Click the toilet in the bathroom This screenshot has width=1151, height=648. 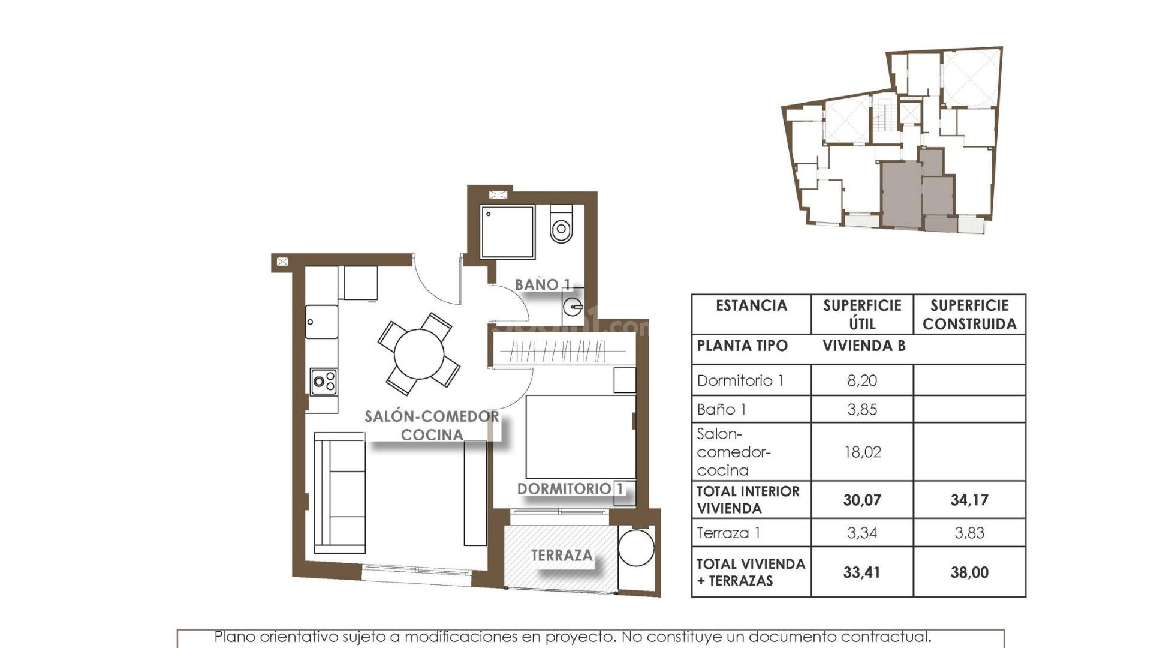coord(561,225)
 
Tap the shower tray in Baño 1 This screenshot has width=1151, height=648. coord(507,232)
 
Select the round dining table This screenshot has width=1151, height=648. coord(419,353)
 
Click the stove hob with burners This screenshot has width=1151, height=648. coord(324,382)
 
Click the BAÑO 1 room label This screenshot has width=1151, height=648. coord(543,284)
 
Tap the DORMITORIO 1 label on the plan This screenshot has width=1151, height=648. coord(570,489)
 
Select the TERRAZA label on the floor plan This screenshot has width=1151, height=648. coord(561,556)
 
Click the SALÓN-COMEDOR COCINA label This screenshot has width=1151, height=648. coord(432,425)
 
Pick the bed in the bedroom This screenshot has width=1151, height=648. coord(580,437)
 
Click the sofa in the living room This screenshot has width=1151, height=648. coord(340,493)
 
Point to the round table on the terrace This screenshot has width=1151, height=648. coord(636,547)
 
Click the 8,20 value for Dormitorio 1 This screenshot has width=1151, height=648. coord(862,380)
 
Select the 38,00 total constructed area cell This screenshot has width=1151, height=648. coord(969,572)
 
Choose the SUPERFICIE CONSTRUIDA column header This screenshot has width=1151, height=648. coord(969,314)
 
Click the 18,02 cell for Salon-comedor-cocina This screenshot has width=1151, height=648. coord(862,452)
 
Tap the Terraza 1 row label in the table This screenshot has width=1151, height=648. coord(728,533)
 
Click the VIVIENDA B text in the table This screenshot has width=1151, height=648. coord(864,346)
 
